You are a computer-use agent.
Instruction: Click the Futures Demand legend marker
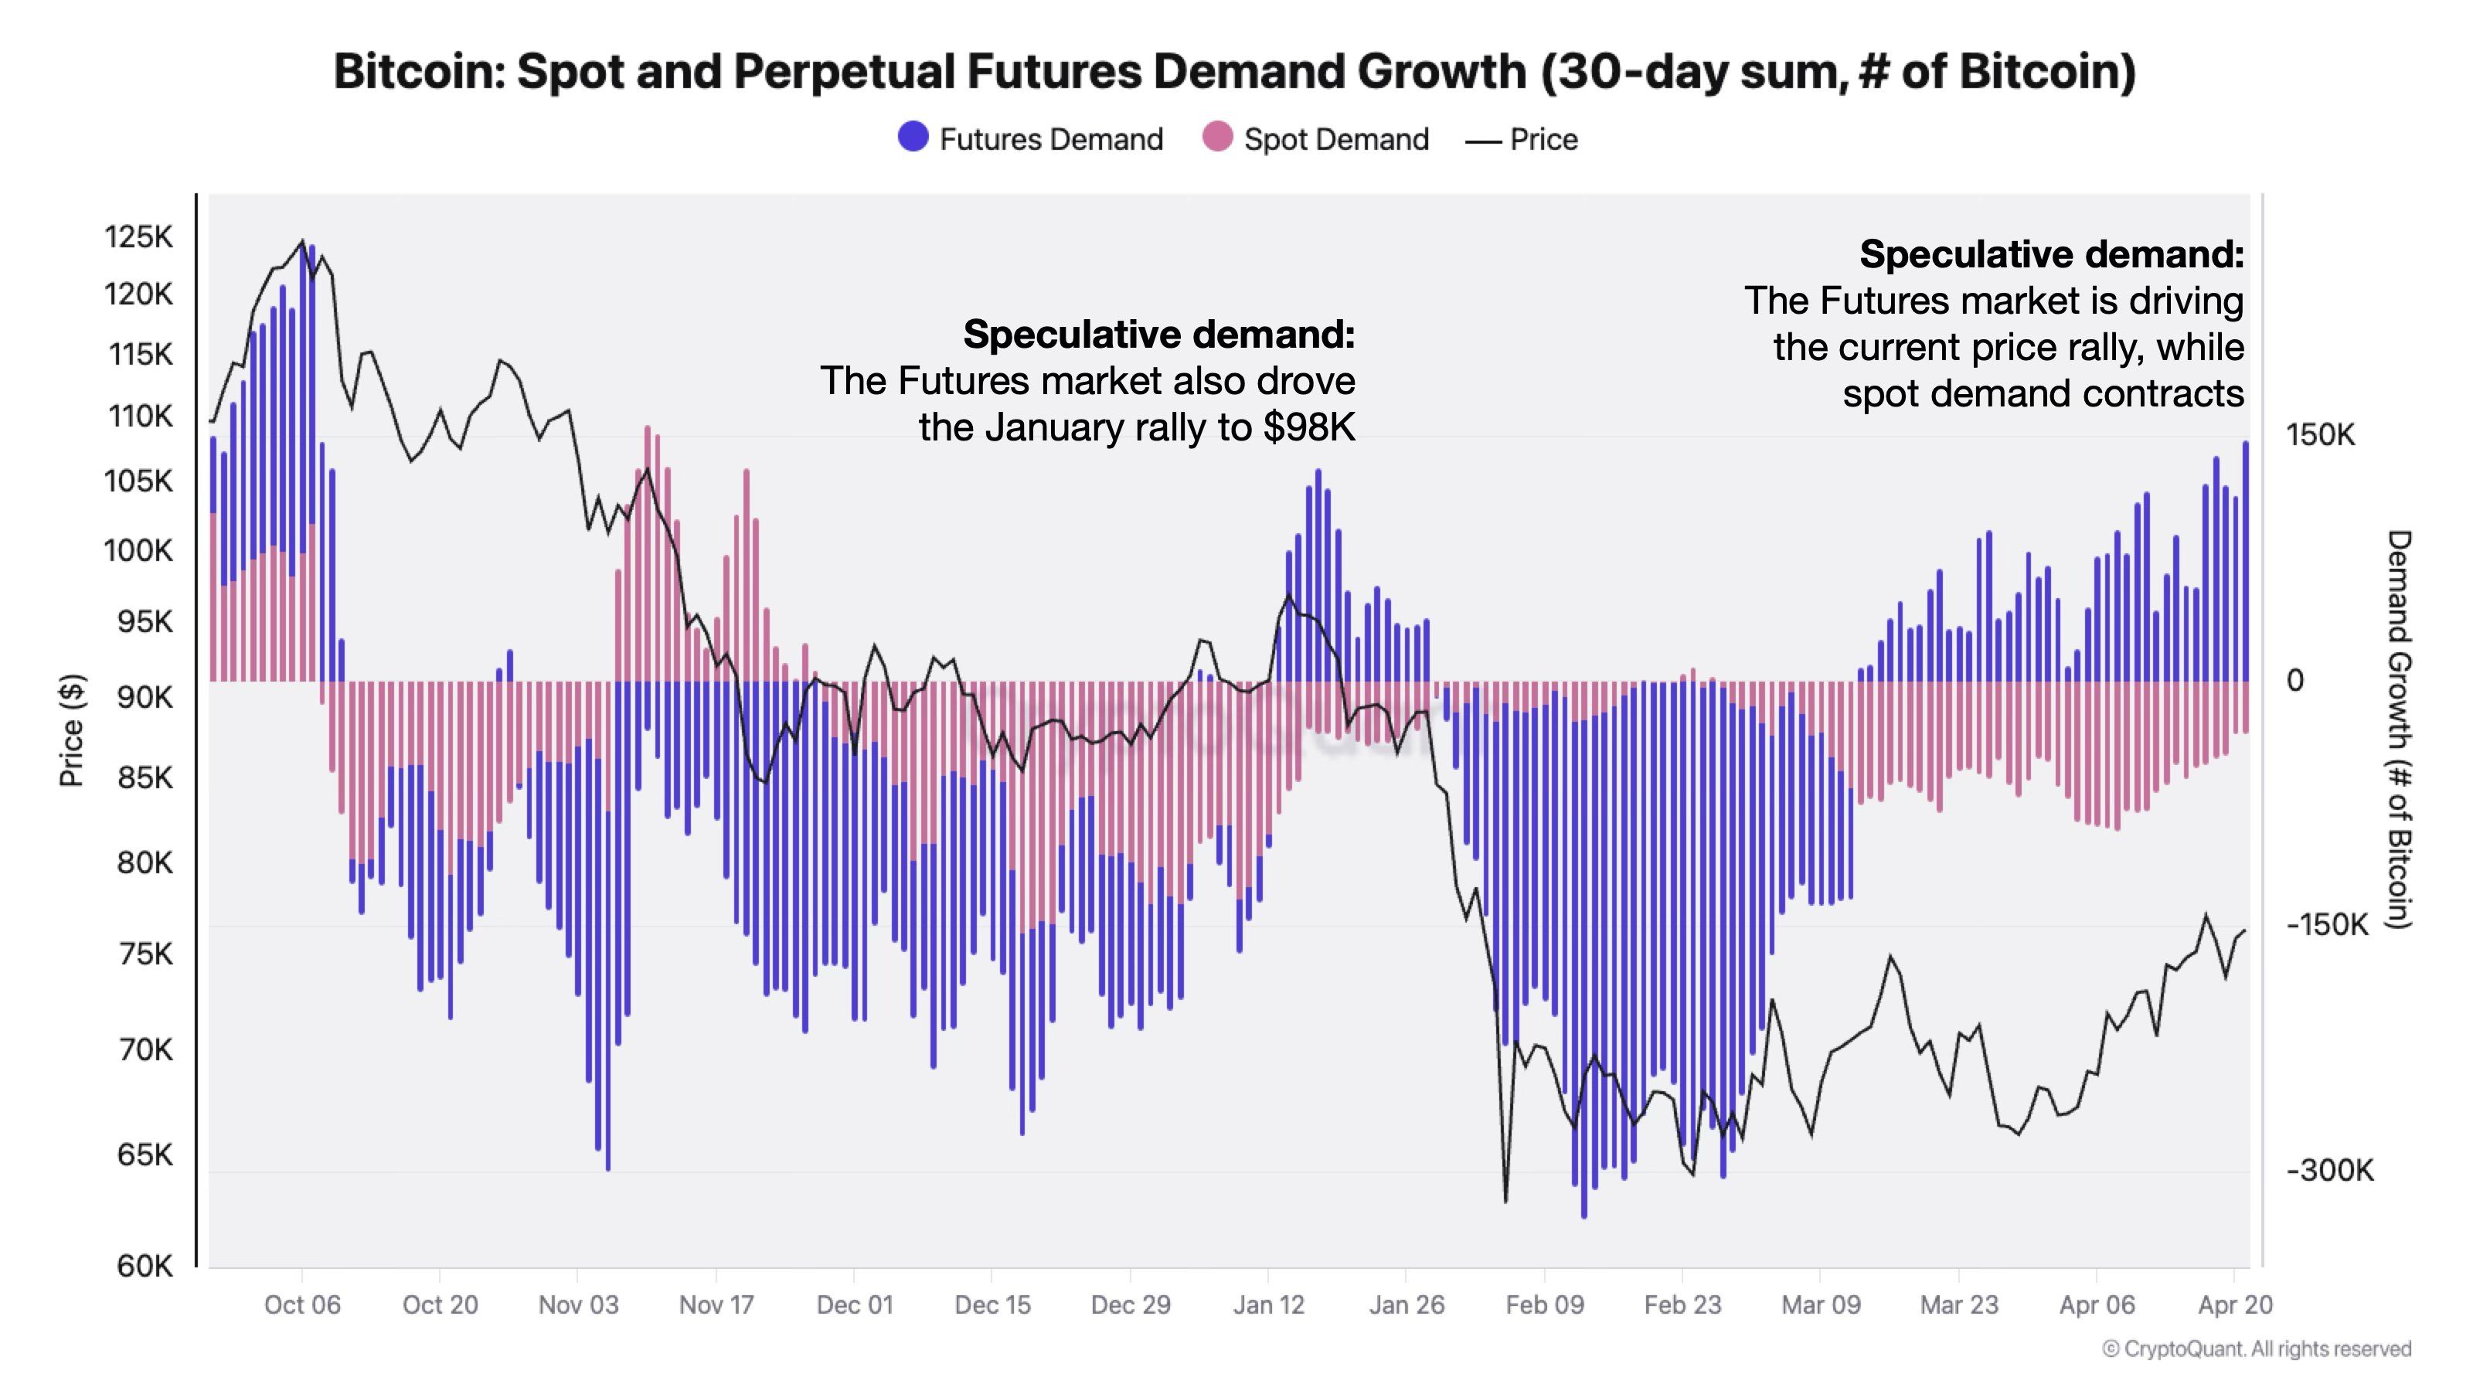912,138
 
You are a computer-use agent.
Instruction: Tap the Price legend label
1543,139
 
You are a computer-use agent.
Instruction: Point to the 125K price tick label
139,237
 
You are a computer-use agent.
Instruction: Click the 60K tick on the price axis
145,1267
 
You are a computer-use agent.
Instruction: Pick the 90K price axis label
145,698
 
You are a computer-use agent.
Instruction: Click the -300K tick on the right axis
2329,1170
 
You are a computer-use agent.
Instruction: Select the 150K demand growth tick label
2320,435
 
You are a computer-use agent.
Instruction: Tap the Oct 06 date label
302,1304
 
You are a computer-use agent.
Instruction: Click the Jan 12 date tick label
1268,1304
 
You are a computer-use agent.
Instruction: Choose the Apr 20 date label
2235,1304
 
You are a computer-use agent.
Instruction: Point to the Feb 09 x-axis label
1545,1304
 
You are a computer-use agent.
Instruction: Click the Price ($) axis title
72,730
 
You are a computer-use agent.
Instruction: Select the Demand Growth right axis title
2398,730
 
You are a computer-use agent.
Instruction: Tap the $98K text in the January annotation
1308,427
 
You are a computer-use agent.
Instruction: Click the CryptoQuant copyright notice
2256,1348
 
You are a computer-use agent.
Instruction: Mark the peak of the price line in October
302,241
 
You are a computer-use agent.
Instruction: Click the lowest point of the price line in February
1505,1201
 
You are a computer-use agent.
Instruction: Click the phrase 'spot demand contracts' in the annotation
2043,393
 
